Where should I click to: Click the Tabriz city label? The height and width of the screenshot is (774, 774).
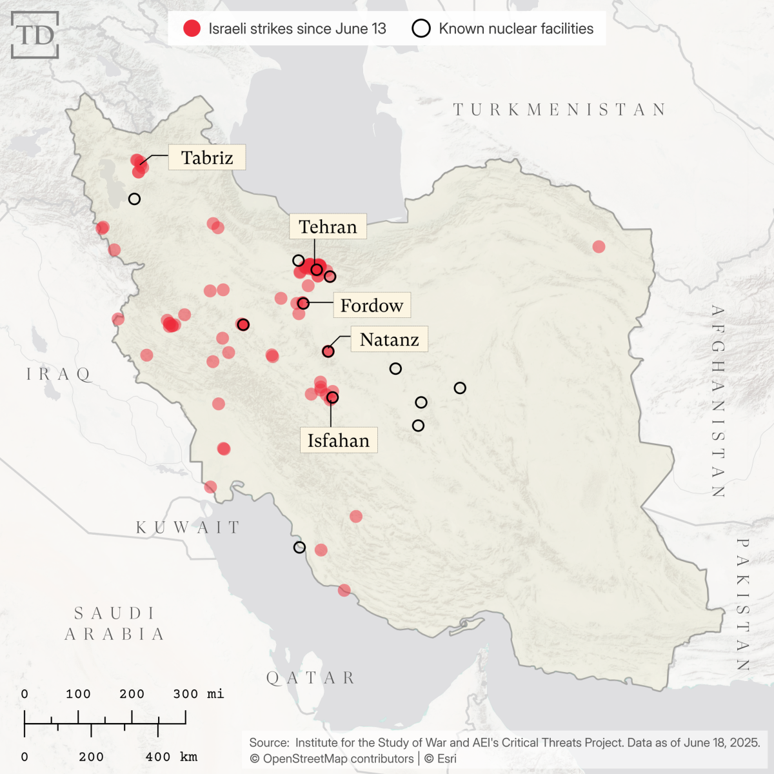[x=207, y=157]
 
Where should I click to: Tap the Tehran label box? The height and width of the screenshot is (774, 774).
[x=328, y=226]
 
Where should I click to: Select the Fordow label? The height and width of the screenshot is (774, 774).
[x=372, y=305]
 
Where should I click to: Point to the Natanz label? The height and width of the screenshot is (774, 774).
[x=389, y=339]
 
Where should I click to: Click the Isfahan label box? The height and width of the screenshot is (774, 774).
[x=339, y=441]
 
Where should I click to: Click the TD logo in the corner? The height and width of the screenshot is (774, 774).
[x=35, y=35]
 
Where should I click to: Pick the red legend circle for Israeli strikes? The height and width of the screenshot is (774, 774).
[x=192, y=28]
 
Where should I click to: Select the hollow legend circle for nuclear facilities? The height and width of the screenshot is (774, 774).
[x=421, y=28]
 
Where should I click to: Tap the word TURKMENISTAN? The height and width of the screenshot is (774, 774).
[x=559, y=110]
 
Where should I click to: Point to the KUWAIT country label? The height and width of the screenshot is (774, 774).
[x=188, y=528]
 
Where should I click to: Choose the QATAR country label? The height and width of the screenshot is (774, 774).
[x=311, y=678]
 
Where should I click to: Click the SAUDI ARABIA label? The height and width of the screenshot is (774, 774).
[x=115, y=624]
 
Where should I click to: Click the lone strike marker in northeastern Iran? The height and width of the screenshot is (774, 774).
[x=599, y=246]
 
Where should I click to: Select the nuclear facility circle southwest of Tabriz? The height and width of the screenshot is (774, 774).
[x=134, y=199]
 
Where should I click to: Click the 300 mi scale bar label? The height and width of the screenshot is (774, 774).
[x=198, y=694]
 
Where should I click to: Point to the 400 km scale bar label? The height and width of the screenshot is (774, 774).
[x=172, y=757]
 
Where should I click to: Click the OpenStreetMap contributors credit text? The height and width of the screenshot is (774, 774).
[x=332, y=759]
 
